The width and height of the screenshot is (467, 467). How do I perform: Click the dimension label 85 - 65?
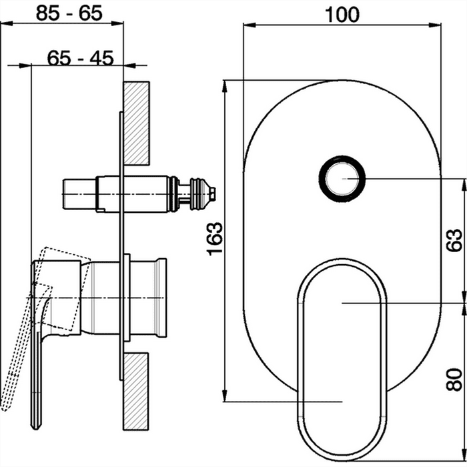pos(69,13)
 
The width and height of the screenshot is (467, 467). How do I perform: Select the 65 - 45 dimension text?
pos(81,58)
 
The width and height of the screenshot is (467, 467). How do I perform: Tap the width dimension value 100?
pos(342,15)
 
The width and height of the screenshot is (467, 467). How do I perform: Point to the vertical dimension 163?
pos(215,239)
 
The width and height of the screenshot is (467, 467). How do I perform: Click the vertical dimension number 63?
pos(454,240)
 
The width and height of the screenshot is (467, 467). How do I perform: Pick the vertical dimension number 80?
pos(454,379)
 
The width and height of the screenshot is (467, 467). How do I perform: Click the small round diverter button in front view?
pos(342,179)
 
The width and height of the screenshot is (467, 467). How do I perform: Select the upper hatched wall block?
pos(136,123)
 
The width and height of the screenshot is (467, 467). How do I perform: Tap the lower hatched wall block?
pos(136,392)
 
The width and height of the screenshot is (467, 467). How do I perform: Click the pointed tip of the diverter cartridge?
pos(215,194)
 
